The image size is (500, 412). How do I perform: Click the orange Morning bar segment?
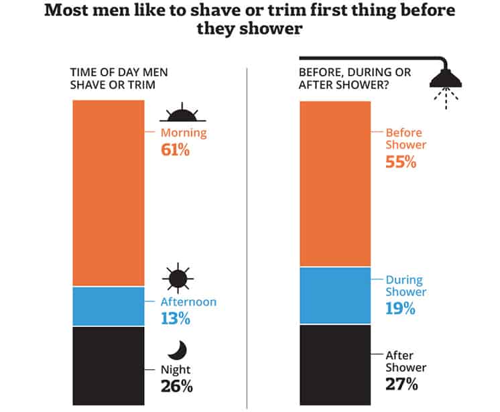click(x=107, y=193)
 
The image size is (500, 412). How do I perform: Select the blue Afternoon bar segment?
click(x=107, y=306)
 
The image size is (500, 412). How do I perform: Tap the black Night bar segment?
click(x=107, y=365)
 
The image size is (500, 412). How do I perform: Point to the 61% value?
click(x=175, y=150)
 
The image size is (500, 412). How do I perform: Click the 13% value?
click(x=175, y=319)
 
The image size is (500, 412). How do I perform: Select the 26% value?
click(x=176, y=386)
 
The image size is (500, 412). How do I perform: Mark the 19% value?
click(x=401, y=309)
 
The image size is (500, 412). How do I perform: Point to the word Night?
click(x=176, y=369)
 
